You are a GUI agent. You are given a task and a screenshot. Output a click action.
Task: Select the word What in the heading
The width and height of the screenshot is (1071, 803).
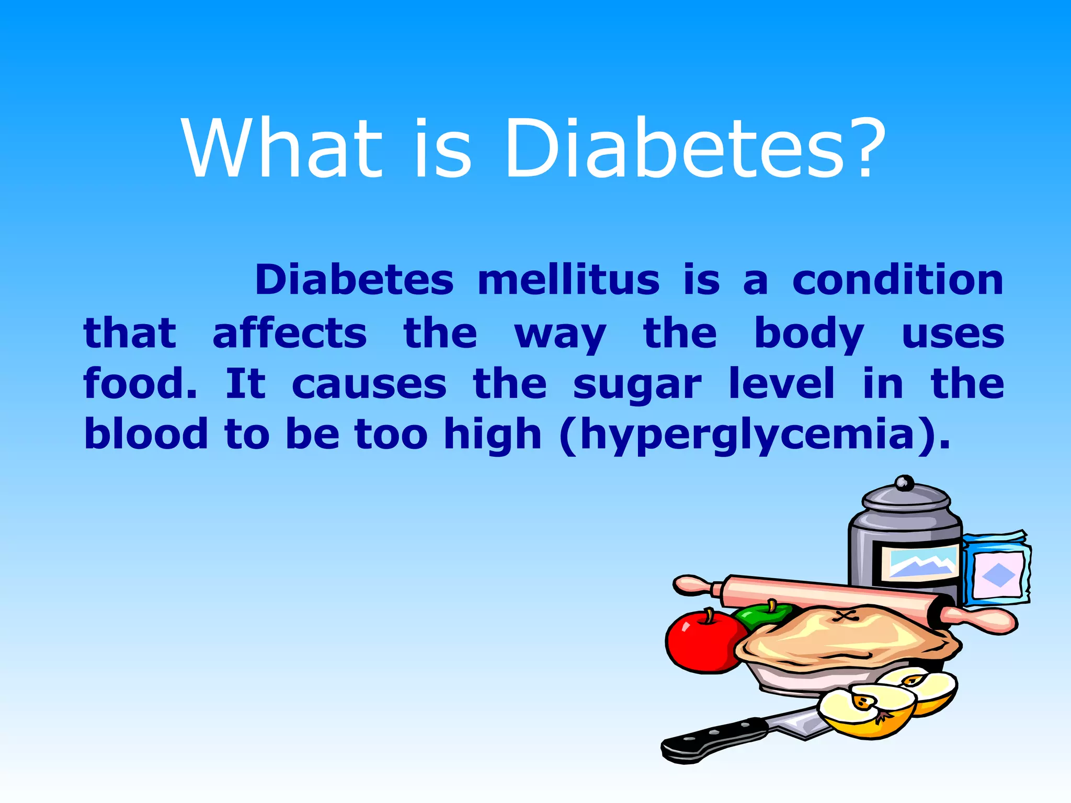click(282, 148)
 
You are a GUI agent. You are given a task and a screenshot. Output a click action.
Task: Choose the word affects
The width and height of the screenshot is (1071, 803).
click(290, 334)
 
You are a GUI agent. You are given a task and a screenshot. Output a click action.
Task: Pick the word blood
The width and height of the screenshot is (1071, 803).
click(146, 434)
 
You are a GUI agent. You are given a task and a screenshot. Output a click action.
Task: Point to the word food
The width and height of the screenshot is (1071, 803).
click(140, 384)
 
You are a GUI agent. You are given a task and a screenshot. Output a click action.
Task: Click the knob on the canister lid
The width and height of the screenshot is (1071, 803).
click(904, 482)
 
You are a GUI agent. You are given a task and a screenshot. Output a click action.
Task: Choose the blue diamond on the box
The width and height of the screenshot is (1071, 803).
click(998, 576)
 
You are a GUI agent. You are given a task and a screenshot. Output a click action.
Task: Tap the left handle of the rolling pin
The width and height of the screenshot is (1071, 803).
click(693, 586)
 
